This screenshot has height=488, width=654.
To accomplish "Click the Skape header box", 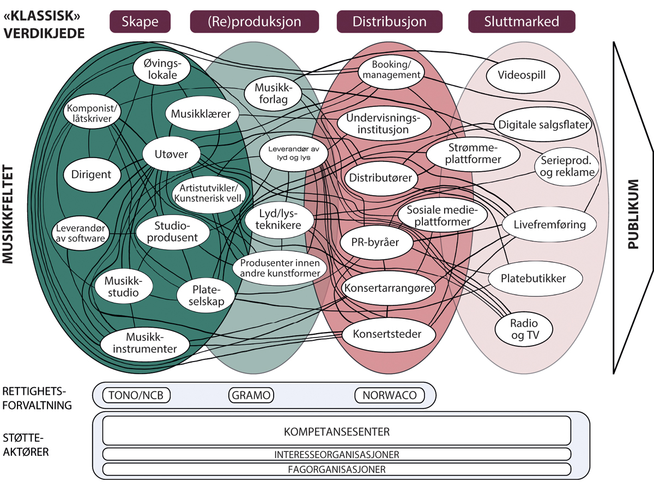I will coord(140,22).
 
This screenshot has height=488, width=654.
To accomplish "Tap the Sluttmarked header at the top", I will coord(522,22).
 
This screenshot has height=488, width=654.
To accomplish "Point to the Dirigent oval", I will coord(91,175).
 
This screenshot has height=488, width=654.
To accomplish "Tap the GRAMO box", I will coord(250,395).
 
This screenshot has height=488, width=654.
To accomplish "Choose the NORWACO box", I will coord(389,395).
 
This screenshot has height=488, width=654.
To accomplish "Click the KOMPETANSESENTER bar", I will coord(336,432).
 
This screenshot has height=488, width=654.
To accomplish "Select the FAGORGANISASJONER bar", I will coord(336,469).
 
